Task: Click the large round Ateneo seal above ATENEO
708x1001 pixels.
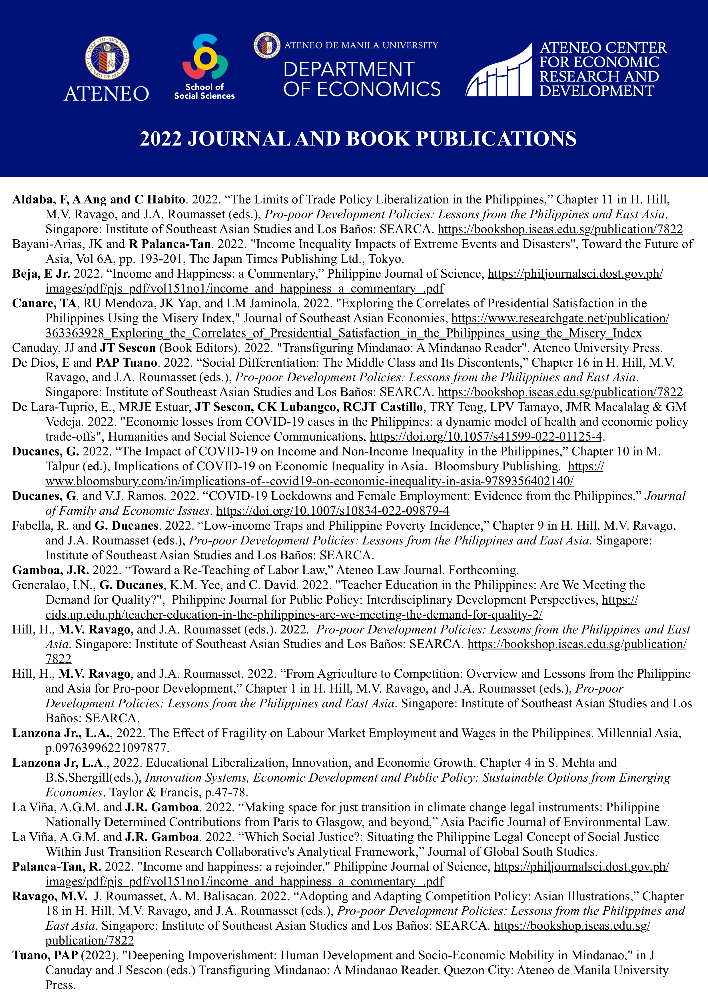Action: tap(107, 58)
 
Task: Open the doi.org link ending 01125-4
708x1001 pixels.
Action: tap(486, 436)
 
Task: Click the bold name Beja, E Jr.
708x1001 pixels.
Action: tap(41, 274)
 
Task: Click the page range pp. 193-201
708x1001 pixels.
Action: tap(150, 259)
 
